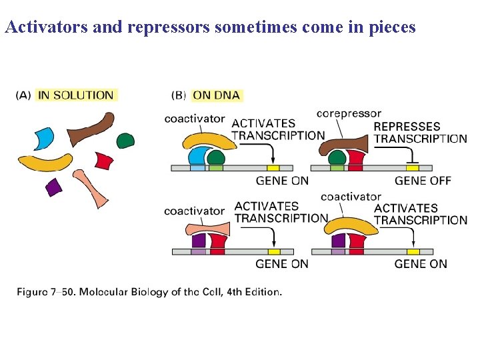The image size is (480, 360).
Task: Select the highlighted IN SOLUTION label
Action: coord(76,95)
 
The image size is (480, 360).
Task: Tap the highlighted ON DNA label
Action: coord(217,95)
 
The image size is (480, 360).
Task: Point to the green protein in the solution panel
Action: coord(125,140)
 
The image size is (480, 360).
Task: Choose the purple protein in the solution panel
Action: coord(54,187)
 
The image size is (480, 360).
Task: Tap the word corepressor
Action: coord(349,114)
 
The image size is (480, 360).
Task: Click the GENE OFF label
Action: coord(421,181)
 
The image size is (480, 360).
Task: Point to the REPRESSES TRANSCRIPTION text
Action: coord(420,133)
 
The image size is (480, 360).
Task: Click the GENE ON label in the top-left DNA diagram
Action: coord(282,181)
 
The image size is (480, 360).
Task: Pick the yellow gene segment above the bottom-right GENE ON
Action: coord(413,251)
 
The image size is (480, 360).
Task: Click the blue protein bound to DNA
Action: coord(198,158)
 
